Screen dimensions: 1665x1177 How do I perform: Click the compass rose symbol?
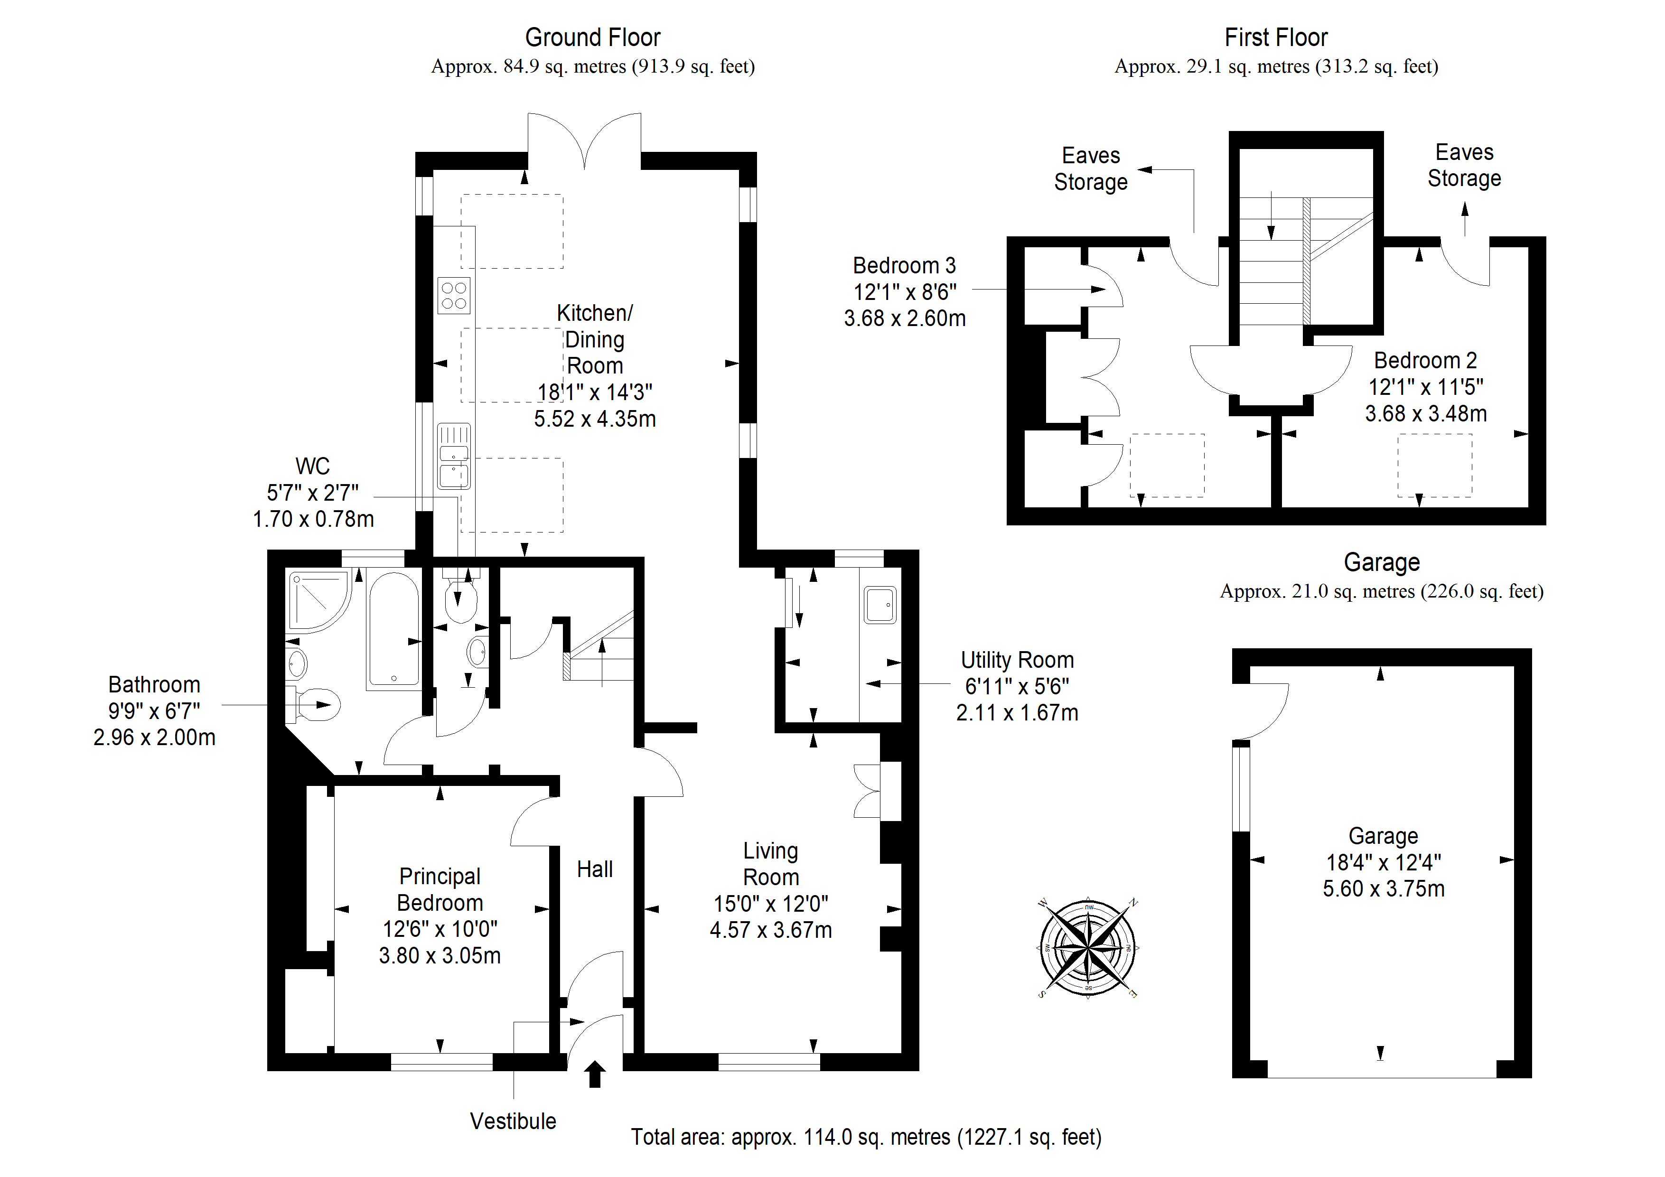(1088, 947)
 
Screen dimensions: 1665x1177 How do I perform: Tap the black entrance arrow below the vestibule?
(595, 1074)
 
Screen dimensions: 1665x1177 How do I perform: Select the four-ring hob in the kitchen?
(454, 295)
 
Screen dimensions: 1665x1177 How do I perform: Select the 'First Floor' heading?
(1276, 37)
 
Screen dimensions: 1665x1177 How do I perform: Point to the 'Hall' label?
(595, 869)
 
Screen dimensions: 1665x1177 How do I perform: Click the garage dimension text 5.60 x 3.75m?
(1384, 888)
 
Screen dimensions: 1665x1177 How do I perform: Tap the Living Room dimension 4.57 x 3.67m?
(771, 930)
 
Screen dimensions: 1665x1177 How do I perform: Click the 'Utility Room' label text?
(1018, 660)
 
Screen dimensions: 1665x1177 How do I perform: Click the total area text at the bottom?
(866, 1137)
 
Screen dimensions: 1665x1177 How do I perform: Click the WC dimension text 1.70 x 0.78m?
(313, 519)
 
